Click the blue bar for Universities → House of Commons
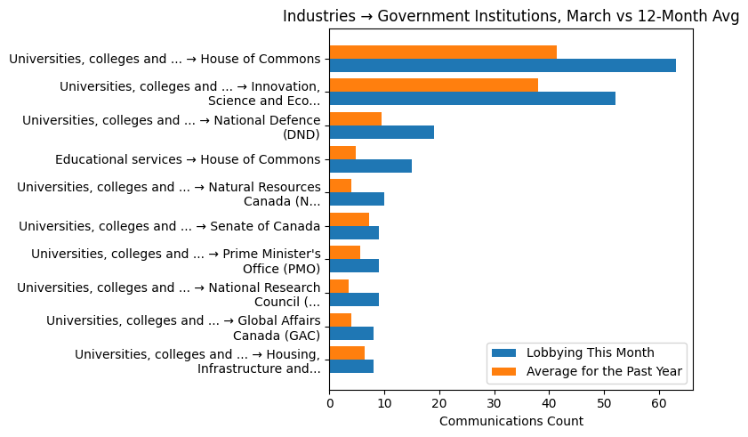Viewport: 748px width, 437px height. (503, 65)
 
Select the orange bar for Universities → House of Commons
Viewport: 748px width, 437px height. (443, 52)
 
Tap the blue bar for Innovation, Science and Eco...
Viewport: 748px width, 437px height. (472, 99)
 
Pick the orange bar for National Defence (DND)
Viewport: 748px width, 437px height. (356, 118)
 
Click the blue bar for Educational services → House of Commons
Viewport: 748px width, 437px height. (371, 166)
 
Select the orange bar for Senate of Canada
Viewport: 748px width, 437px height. (350, 219)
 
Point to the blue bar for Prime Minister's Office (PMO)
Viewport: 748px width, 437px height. (354, 265)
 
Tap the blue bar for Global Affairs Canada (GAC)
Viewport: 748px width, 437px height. (351, 333)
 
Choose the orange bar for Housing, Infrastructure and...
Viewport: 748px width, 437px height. (347, 352)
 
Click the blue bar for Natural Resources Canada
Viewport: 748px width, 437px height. (357, 198)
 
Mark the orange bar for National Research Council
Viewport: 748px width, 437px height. (339, 286)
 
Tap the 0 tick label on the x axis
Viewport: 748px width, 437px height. (330, 403)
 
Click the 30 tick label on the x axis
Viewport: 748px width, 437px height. (495, 403)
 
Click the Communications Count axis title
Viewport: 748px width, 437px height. (511, 421)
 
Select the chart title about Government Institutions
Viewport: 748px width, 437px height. (511, 17)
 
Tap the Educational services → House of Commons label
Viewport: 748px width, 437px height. (187, 159)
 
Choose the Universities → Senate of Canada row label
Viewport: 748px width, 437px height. (169, 226)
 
